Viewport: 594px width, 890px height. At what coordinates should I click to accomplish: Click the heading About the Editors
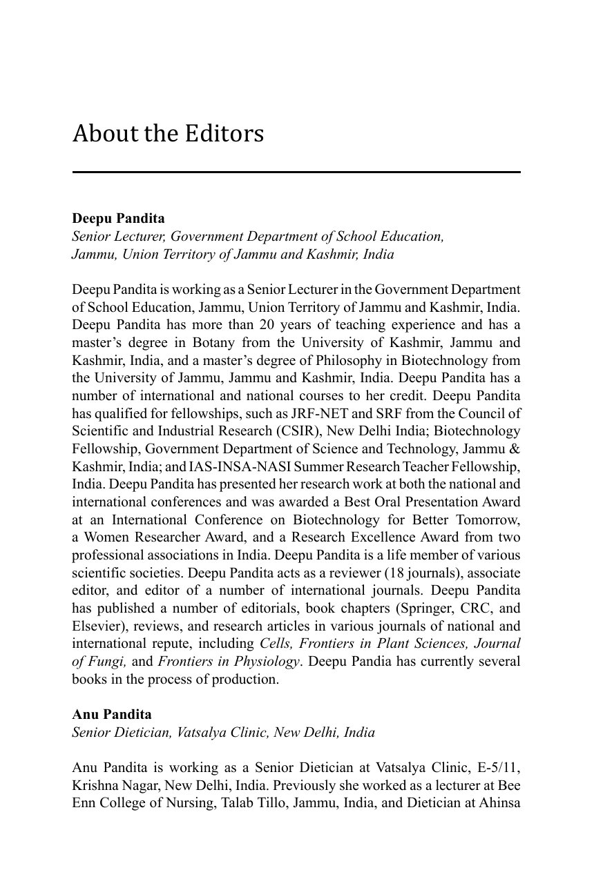click(x=168, y=133)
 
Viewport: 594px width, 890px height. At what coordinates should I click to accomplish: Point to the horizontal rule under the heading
click(x=296, y=172)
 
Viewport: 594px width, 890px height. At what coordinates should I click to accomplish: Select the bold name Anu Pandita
click(x=112, y=714)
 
